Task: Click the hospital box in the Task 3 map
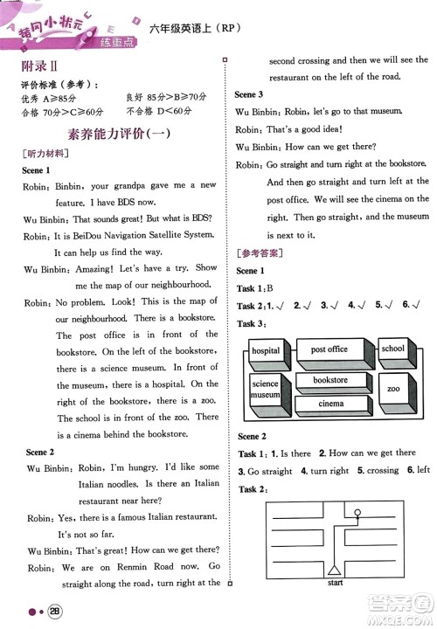coord(266,351)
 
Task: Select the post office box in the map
coord(329,349)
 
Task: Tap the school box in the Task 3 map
coord(392,349)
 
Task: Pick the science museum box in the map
coord(265,390)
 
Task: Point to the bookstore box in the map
coord(330,381)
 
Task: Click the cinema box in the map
coord(330,404)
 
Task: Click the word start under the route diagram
coord(335,582)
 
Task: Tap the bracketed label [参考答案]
coord(260,253)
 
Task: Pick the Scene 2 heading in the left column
coord(38,452)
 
